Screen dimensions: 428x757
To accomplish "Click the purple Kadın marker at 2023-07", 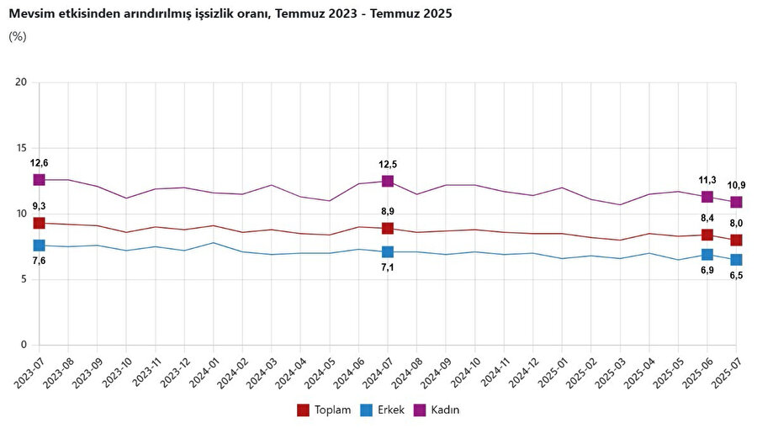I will tap(39, 180).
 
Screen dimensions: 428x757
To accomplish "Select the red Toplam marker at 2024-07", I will tap(387, 228).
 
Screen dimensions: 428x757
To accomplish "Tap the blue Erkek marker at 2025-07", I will tap(736, 260).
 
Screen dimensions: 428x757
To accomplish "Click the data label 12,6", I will tap(39, 162).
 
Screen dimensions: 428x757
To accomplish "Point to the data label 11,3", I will tap(707, 180).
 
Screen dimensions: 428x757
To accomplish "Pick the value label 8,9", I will tap(387, 212).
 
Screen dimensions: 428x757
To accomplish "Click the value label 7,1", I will tap(387, 268).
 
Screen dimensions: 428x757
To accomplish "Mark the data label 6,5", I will tap(736, 276).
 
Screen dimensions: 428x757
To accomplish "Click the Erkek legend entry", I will tap(384, 410).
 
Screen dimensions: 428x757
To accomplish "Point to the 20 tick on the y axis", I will tap(22, 82).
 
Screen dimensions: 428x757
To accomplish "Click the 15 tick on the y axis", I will tap(22, 148).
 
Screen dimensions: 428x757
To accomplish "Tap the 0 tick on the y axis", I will tap(24, 345).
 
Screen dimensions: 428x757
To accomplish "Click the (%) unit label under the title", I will tap(18, 36).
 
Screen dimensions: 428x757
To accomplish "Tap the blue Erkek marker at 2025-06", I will tap(707, 255).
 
